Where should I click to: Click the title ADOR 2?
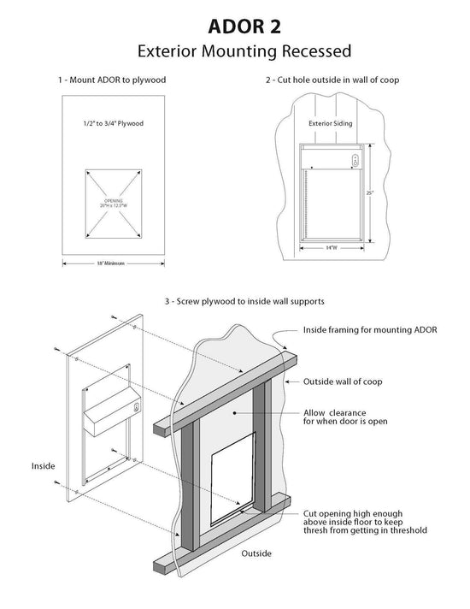235,22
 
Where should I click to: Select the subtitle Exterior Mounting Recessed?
235,50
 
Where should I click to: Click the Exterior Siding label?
330,122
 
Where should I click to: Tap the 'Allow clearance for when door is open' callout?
342,416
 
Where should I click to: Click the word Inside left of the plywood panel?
43,466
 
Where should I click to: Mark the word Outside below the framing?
256,553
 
